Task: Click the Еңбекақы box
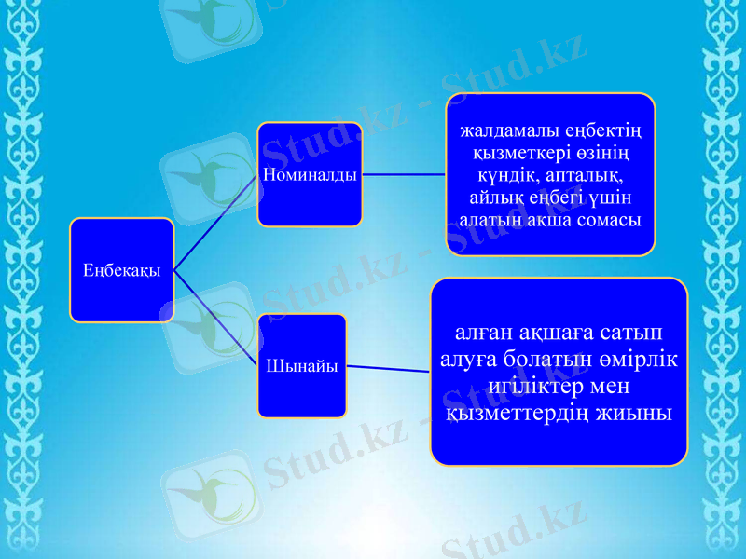click(x=121, y=270)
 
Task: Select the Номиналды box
click(x=310, y=174)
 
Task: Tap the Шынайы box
click(x=301, y=365)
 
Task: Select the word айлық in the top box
click(x=504, y=198)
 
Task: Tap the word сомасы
click(x=606, y=220)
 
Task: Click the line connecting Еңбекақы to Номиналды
click(x=216, y=222)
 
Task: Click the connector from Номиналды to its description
click(x=403, y=173)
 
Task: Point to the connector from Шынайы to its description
click(x=388, y=368)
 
